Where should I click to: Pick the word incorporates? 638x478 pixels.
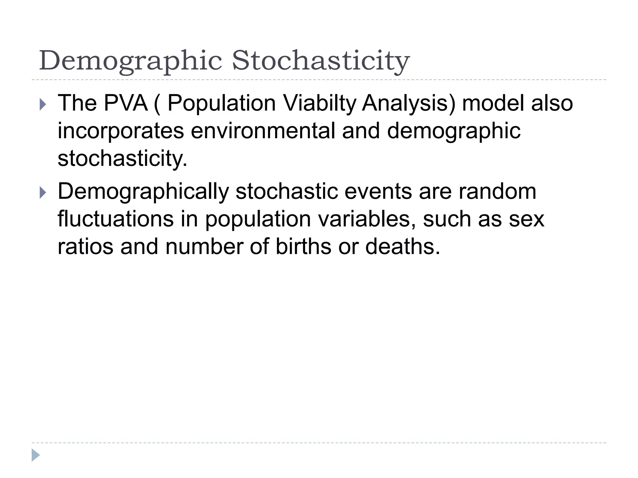[x=121, y=131]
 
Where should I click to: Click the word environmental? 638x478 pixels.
[x=263, y=131]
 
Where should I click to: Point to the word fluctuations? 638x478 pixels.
[x=116, y=219]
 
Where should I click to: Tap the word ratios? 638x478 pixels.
[x=85, y=246]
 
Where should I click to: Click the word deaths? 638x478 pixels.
[x=402, y=246]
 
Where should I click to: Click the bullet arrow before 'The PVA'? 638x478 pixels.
[x=43, y=105]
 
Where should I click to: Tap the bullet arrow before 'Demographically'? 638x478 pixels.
[x=43, y=193]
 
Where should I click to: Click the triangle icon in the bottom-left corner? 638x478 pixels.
[x=36, y=455]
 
